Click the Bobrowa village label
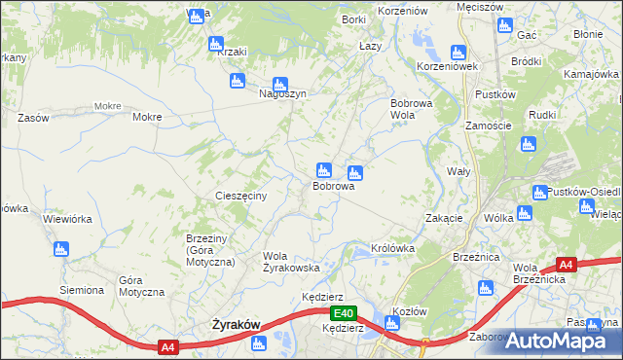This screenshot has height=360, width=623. coord(332,186)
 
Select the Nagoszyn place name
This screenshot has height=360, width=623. coord(282,94)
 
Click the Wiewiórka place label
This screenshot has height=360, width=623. coord(68,219)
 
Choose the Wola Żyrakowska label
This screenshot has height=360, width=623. coord(292,262)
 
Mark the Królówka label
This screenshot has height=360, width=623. coord(393,248)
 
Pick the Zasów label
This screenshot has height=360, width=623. coord(33,118)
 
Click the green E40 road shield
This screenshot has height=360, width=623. coord(342,313)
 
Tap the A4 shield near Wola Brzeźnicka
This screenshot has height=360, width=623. coord(567,263)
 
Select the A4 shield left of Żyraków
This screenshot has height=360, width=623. coord(167,346)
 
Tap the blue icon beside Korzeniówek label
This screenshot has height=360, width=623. coord(458,54)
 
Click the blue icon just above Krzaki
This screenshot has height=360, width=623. coord(215,43)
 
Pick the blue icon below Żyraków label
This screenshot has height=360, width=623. coord(258,342)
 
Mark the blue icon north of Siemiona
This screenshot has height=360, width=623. coord(62,250)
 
